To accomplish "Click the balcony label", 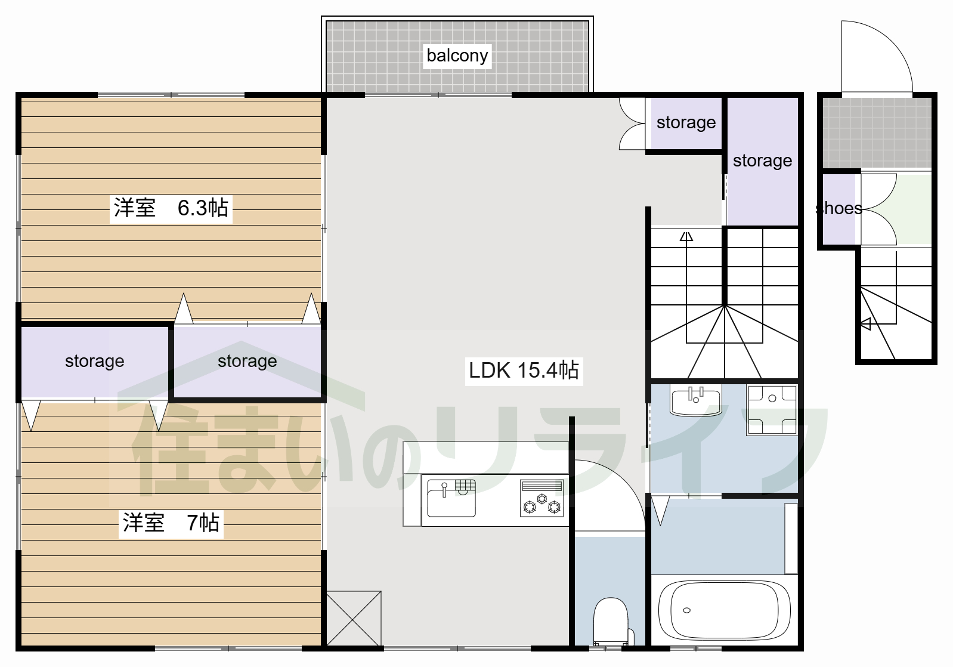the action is pyautogui.click(x=457, y=55).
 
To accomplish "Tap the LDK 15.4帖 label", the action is pyautogui.click(x=524, y=370).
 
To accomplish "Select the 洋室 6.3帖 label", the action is pyautogui.click(x=171, y=208).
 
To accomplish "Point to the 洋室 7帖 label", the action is pyautogui.click(x=171, y=523).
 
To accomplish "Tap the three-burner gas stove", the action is pyautogui.click(x=542, y=498).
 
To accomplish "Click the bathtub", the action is pyautogui.click(x=724, y=610).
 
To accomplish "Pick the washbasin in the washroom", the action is pyautogui.click(x=695, y=400).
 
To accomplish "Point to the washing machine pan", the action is pyautogui.click(x=772, y=410).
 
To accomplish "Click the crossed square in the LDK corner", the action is pyautogui.click(x=354, y=619).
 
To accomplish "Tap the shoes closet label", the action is pyautogui.click(x=838, y=208).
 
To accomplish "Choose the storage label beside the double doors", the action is pyautogui.click(x=686, y=122).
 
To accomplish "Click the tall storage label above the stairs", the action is pyautogui.click(x=762, y=161).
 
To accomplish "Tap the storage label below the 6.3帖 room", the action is pyautogui.click(x=247, y=361).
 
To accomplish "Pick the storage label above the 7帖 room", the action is pyautogui.click(x=94, y=361).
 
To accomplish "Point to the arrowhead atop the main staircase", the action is pyautogui.click(x=686, y=236).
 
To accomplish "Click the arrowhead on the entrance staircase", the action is pyautogui.click(x=865, y=324).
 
